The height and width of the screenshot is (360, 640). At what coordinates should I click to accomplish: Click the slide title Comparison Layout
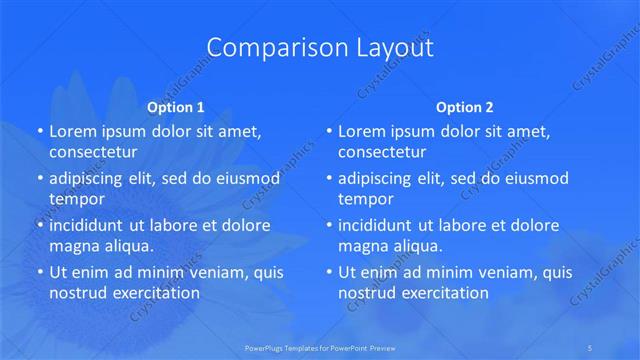click(319, 47)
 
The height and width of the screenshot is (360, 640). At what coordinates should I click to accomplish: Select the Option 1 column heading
click(175, 106)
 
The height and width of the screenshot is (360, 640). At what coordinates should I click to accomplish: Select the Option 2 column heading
click(464, 106)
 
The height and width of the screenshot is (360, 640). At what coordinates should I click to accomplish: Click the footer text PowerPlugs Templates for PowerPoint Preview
click(319, 347)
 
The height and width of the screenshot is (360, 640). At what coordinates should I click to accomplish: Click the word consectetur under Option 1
click(93, 152)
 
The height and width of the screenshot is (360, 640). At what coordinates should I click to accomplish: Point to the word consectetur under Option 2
click(382, 152)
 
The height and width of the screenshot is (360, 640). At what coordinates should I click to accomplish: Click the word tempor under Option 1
click(77, 199)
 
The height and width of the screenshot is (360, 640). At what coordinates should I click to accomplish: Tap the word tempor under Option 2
click(366, 199)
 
